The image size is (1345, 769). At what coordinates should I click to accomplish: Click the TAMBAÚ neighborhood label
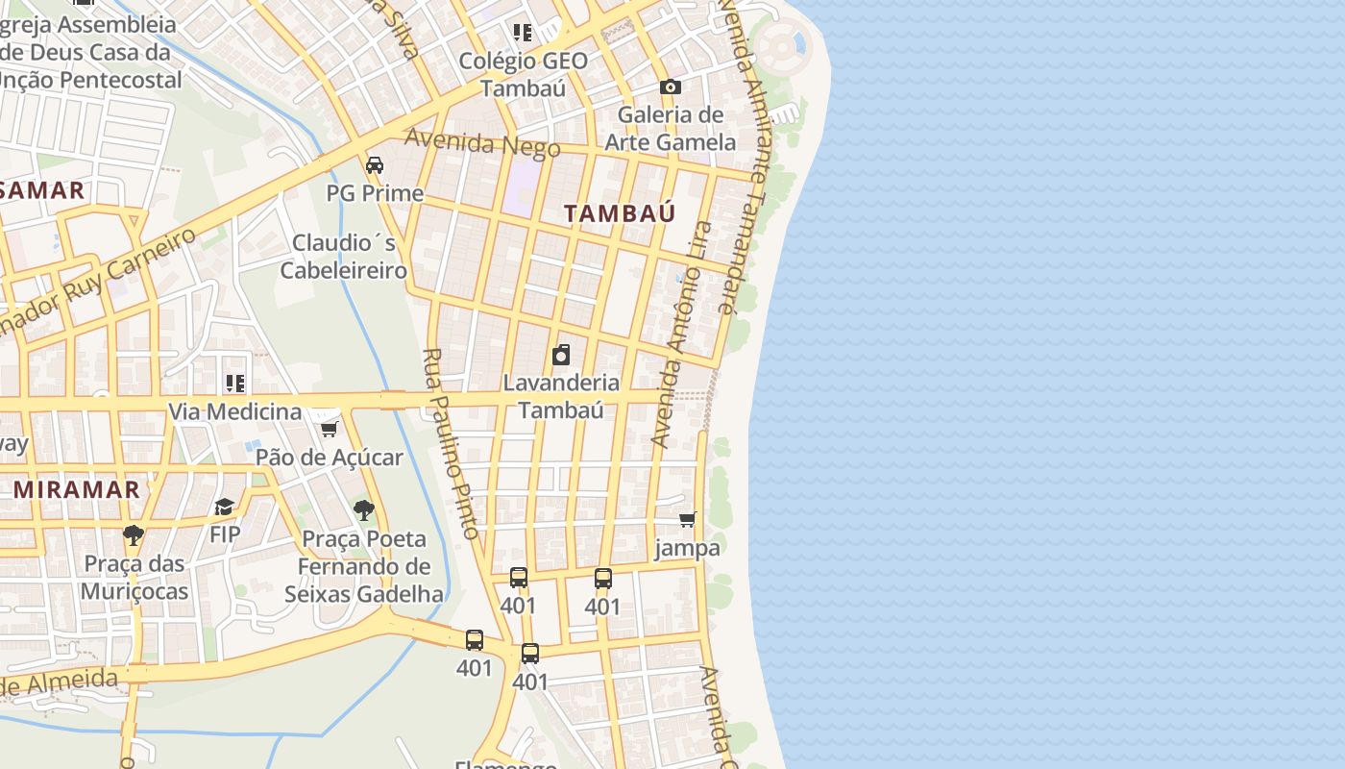click(620, 213)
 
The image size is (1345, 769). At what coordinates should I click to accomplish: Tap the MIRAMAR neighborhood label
click(77, 489)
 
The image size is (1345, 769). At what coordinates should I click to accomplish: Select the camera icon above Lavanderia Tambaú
click(561, 355)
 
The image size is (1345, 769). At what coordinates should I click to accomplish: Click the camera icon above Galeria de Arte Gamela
click(670, 87)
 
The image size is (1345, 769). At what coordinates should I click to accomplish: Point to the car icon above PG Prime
click(375, 164)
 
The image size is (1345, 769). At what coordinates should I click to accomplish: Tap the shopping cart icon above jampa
click(687, 520)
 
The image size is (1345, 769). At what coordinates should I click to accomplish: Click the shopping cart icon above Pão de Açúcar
click(329, 429)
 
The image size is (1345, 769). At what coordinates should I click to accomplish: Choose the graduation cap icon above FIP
click(224, 506)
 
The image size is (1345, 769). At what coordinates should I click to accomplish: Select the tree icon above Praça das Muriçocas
click(134, 534)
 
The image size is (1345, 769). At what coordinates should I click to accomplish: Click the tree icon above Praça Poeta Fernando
click(363, 510)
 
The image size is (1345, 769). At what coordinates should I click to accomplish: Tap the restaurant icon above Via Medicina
click(235, 384)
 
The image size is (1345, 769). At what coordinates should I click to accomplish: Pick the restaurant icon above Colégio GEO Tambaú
click(523, 33)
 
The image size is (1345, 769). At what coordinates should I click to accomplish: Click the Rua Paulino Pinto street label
click(451, 443)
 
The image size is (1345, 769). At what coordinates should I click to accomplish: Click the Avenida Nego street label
click(482, 142)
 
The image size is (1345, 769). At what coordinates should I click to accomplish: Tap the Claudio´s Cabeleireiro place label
click(344, 256)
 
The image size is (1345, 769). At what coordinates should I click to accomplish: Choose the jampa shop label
click(687, 549)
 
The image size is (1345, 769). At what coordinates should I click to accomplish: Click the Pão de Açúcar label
click(330, 458)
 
